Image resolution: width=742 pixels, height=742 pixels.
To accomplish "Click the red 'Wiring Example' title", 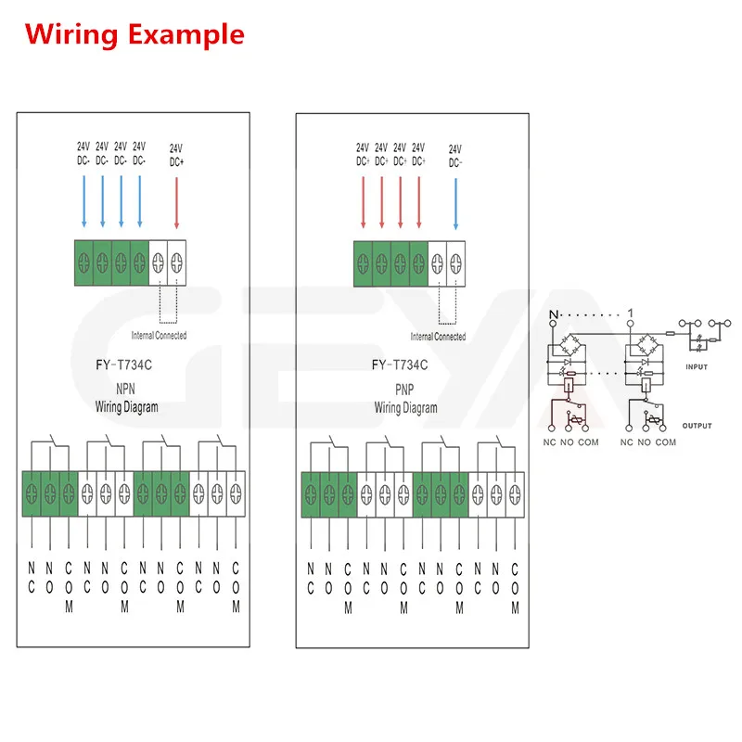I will pos(134,35).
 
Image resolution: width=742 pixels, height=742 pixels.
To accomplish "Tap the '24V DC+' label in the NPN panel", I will pos(176,153).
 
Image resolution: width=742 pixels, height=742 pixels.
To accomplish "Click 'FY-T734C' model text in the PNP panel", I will pos(405,366).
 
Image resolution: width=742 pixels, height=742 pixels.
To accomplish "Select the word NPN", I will pos(126,390).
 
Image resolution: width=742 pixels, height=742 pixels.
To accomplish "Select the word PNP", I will pos(405,390).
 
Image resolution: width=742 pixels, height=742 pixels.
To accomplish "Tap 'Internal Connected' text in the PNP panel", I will pos(438,337).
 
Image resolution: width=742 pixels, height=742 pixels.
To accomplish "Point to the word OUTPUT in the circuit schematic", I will pos(697,426).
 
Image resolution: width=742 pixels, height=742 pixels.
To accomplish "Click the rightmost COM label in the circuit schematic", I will pos(665,442).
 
